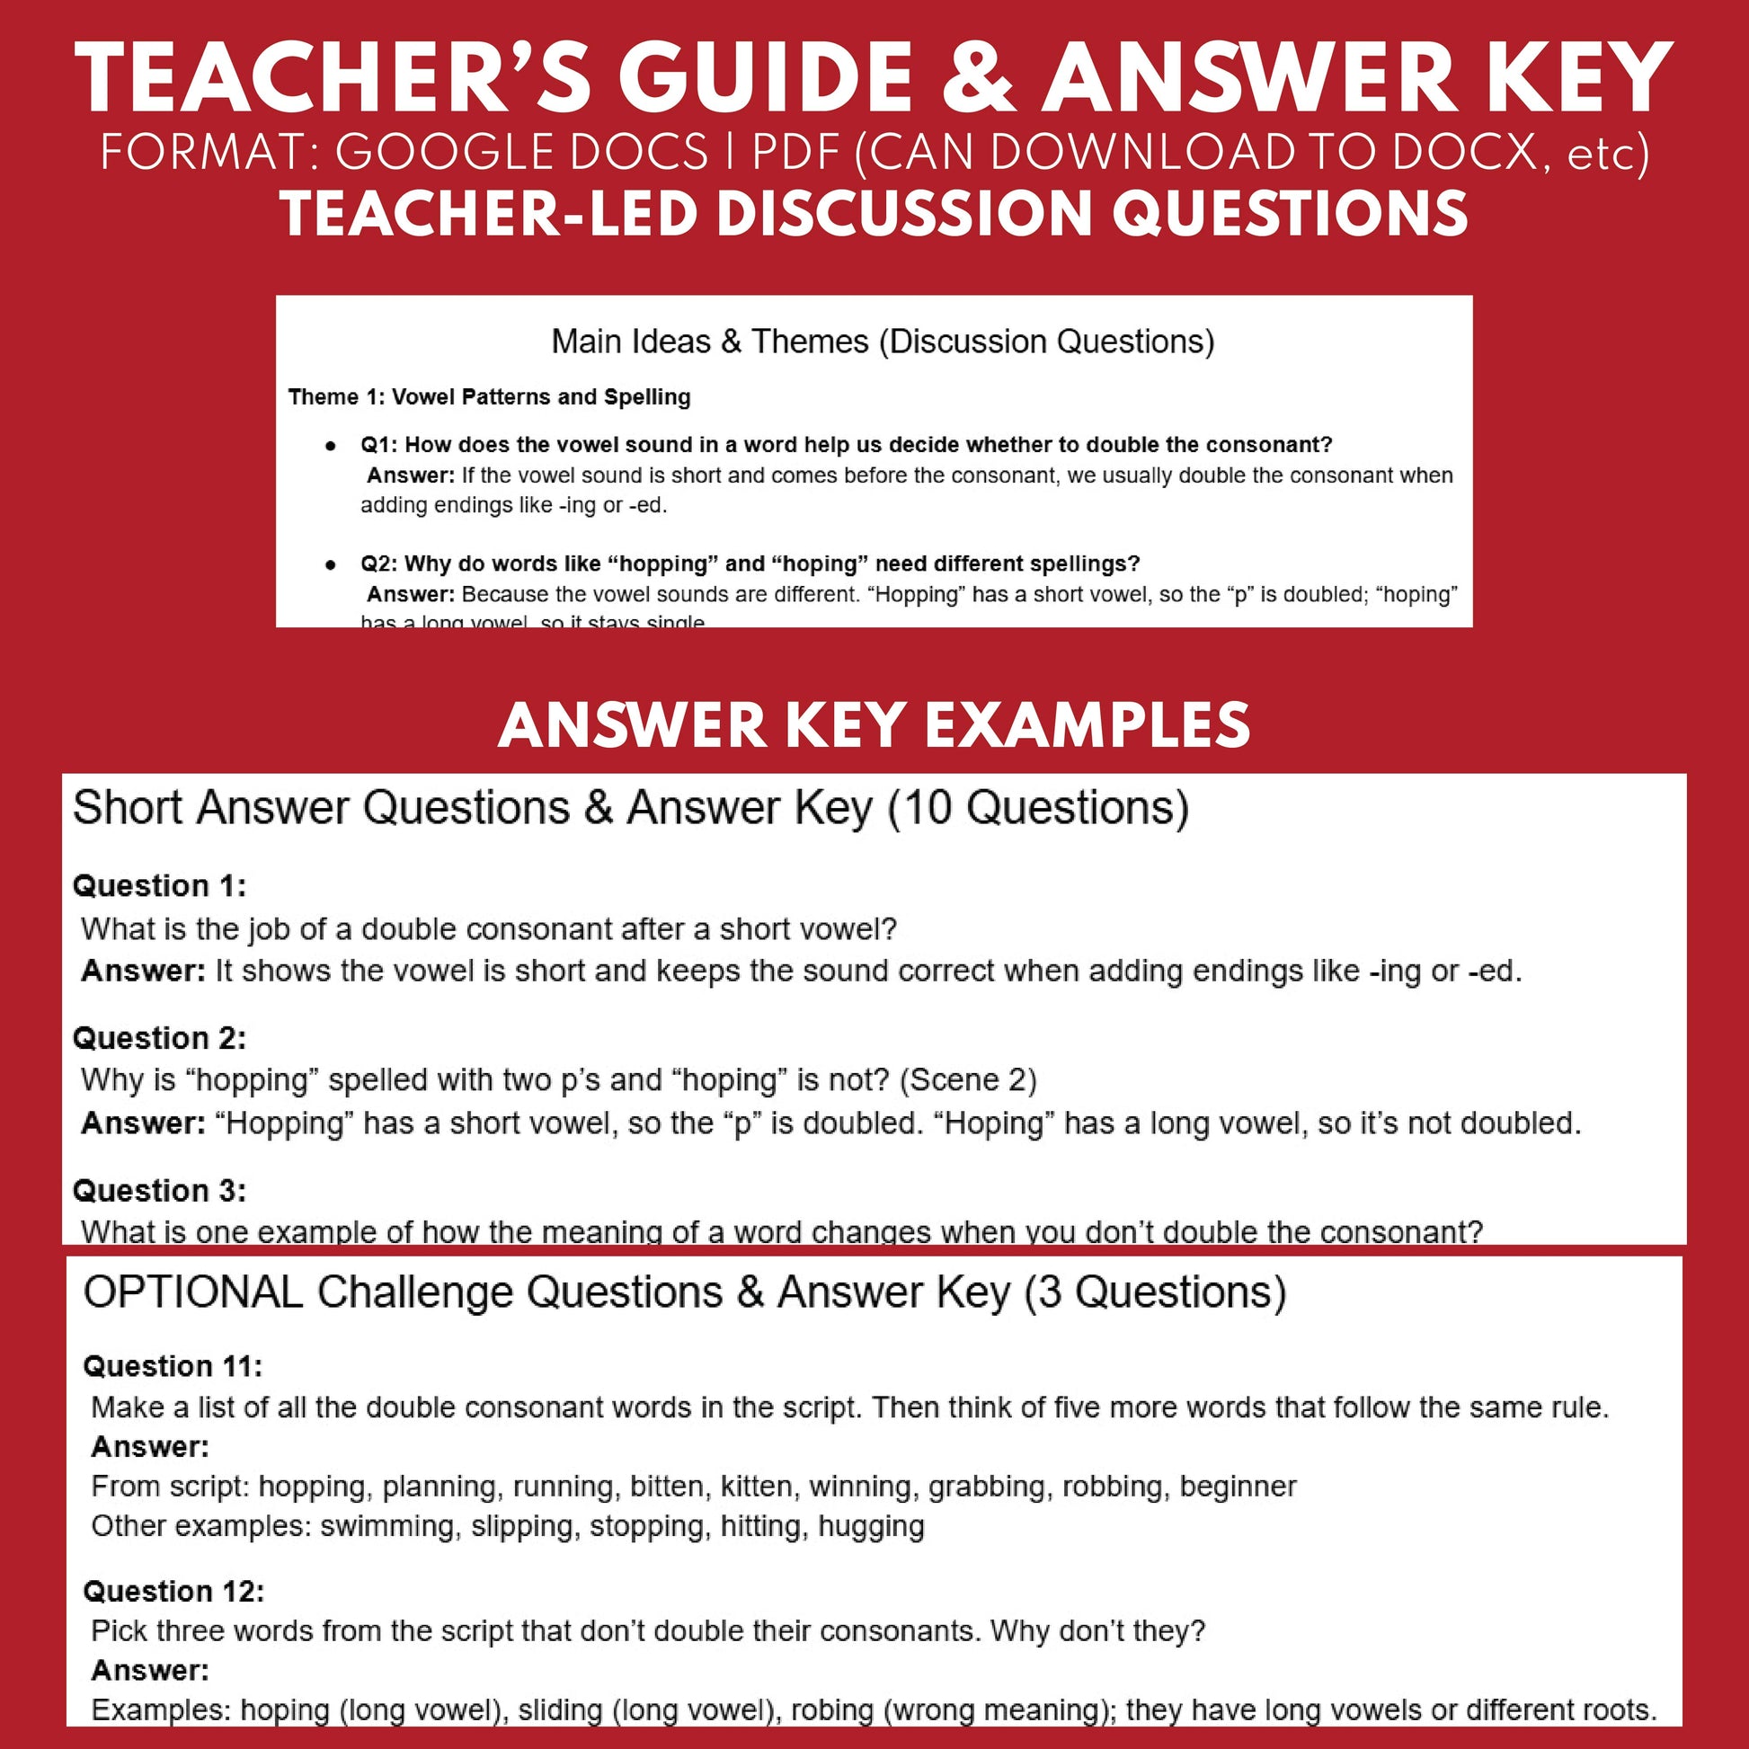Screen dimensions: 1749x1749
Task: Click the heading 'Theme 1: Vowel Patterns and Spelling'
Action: pos(489,396)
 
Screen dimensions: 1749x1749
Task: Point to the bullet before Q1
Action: pos(332,446)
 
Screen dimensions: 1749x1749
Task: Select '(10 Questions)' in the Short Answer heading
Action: pos(1037,807)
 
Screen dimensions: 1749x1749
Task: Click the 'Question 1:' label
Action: pos(159,885)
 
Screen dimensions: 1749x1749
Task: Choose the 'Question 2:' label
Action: pos(159,1037)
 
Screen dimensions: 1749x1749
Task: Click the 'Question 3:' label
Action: pos(159,1191)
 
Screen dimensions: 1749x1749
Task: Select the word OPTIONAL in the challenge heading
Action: pos(193,1292)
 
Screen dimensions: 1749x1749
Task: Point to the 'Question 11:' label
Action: pos(173,1366)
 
